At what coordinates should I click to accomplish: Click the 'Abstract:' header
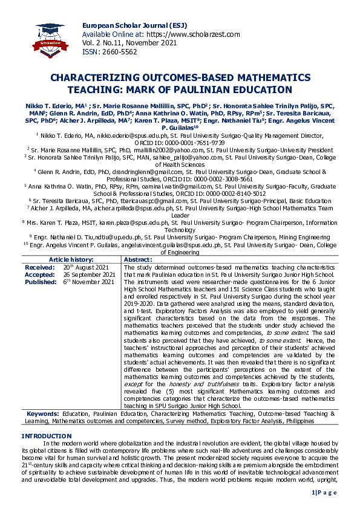pos(137,259)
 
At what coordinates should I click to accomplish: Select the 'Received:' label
pos(40,267)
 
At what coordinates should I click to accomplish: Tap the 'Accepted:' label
pos(40,274)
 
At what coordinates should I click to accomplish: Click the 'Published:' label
pos(41,282)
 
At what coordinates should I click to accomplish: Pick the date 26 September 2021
pos(90,274)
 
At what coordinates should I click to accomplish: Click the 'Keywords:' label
pos(42,413)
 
